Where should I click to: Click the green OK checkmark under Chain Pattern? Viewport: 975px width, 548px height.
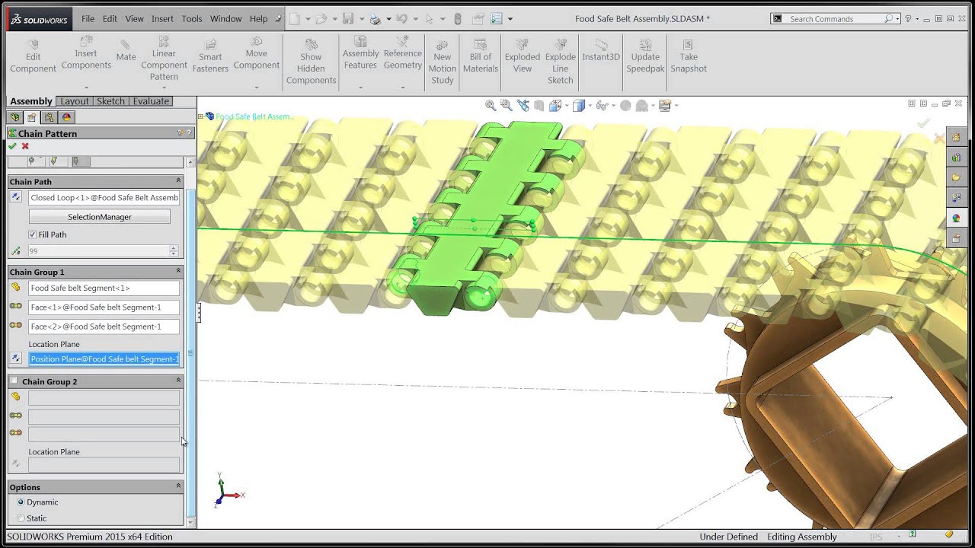12,146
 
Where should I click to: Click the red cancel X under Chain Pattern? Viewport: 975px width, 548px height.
25,146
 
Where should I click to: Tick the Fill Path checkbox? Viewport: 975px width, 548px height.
32,234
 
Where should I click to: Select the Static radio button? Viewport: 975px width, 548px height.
21,518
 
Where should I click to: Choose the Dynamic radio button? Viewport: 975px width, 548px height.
21,502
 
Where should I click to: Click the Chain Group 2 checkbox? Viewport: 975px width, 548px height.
14,381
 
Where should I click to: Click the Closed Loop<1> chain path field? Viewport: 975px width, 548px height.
104,198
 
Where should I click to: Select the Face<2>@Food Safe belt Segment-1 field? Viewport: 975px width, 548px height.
104,327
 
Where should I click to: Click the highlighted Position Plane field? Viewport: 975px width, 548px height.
104,359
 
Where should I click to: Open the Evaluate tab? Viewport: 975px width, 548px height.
151,101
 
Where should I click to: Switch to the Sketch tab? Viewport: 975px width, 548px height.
110,101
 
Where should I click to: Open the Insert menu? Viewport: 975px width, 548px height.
162,18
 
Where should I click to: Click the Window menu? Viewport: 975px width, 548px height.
225,18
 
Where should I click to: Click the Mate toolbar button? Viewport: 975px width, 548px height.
126,51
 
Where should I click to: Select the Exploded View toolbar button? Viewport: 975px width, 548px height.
522,56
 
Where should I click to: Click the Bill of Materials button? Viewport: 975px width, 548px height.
481,56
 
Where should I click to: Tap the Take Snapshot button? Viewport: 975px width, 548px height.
689,56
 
